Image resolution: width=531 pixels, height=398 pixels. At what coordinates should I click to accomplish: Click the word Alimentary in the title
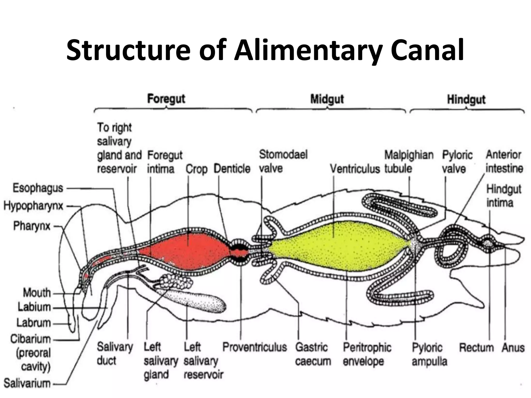pyautogui.click(x=308, y=50)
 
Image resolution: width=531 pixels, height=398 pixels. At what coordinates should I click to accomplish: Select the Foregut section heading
pyautogui.click(x=166, y=99)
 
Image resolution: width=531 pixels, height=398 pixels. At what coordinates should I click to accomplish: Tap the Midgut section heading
pyautogui.click(x=327, y=99)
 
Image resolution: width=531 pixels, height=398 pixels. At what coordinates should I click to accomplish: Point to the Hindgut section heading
pyautogui.click(x=466, y=99)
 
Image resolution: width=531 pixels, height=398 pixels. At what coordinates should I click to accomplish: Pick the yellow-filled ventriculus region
pyautogui.click(x=337, y=246)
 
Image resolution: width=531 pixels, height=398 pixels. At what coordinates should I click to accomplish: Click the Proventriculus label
pyautogui.click(x=255, y=347)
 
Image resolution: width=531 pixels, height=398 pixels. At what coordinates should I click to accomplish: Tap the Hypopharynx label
pyautogui.click(x=33, y=206)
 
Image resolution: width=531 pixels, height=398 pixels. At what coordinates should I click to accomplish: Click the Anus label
pyautogui.click(x=513, y=347)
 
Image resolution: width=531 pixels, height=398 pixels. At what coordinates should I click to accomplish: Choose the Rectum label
pyautogui.click(x=477, y=347)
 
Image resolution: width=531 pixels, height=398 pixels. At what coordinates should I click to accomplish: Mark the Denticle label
pyautogui.click(x=232, y=169)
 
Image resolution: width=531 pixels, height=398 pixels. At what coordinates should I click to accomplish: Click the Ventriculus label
pyautogui.click(x=355, y=169)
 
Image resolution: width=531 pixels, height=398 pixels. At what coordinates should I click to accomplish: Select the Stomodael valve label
pyautogui.click(x=283, y=161)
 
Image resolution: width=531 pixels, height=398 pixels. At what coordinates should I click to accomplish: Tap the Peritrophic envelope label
pyautogui.click(x=367, y=354)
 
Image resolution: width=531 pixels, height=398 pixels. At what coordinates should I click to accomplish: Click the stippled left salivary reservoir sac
pyautogui.click(x=200, y=301)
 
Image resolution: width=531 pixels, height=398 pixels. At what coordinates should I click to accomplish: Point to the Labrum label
pyautogui.click(x=34, y=323)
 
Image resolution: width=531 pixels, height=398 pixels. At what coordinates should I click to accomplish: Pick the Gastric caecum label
pyautogui.click(x=313, y=354)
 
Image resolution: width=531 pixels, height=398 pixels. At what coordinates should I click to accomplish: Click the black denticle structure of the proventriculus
pyautogui.click(x=240, y=251)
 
